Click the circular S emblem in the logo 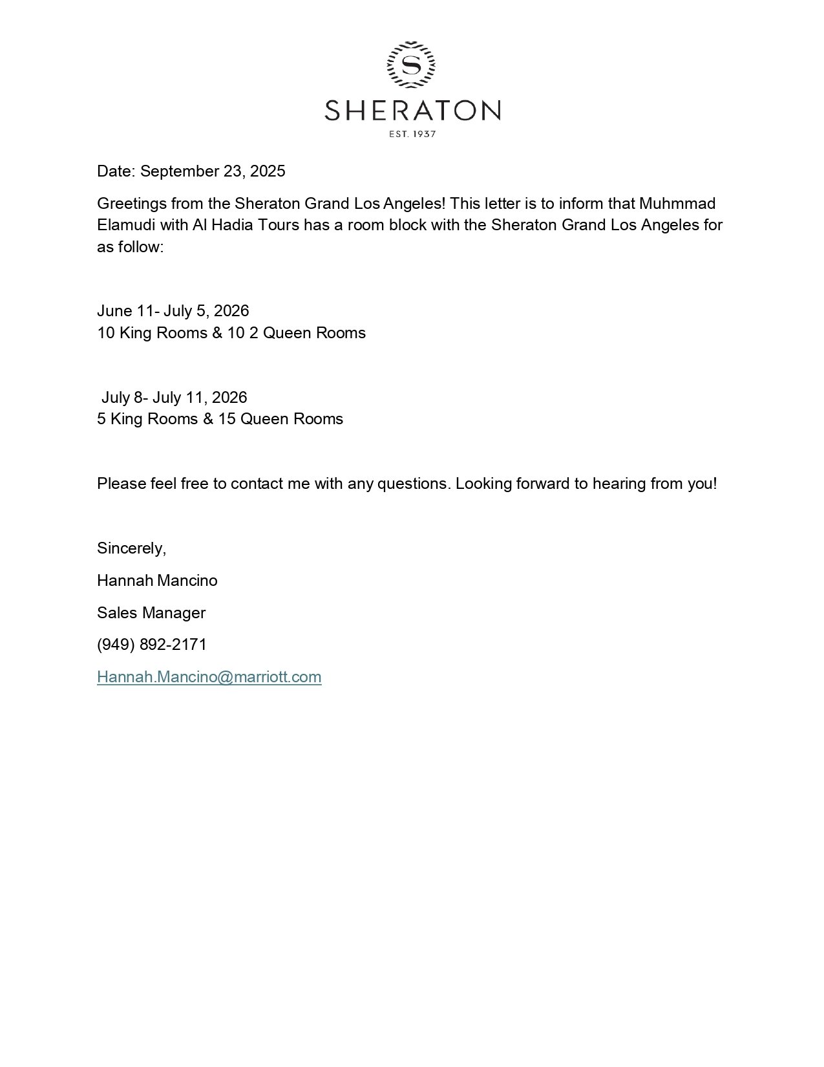coord(411,65)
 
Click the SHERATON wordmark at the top coord(412,110)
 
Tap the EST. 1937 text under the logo coord(412,135)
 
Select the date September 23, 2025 coord(213,171)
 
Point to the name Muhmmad coord(677,204)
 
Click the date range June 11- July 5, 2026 coord(173,311)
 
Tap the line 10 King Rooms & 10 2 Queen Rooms coord(231,333)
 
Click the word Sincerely coord(131,548)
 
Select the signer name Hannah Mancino coord(157,581)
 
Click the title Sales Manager coord(151,613)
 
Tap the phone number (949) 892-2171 coord(152,645)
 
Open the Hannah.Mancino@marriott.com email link coord(209,677)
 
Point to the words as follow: coord(130,247)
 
